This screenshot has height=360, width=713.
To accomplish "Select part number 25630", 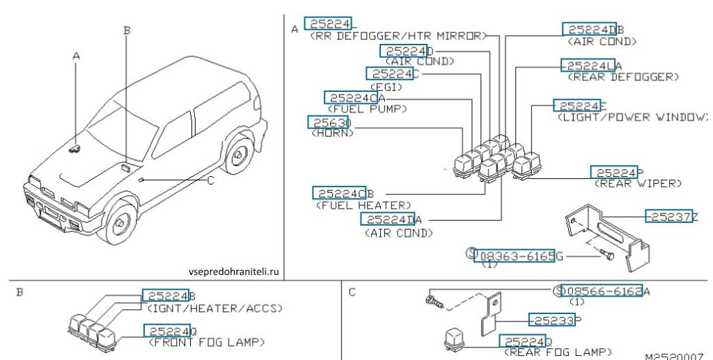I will pyautogui.click(x=329, y=123).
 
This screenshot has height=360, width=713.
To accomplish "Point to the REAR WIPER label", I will pyautogui.click(x=637, y=184).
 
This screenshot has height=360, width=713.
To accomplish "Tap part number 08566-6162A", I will pyautogui.click(x=606, y=291).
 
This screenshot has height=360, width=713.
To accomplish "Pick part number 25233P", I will pyautogui.click(x=554, y=320).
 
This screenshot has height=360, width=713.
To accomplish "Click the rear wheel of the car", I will pyautogui.click(x=241, y=157).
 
